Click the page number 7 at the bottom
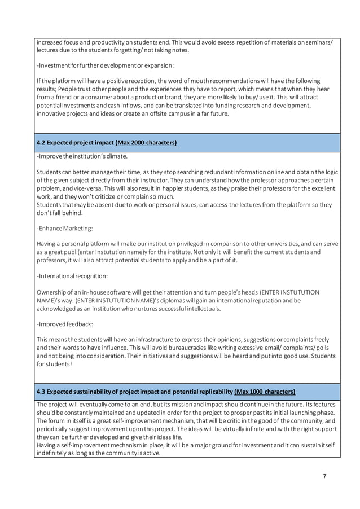point(324,476)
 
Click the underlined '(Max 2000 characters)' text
point(146,143)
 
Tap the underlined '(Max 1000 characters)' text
point(264,392)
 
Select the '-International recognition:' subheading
point(72,276)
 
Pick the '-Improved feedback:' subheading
point(62,324)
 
